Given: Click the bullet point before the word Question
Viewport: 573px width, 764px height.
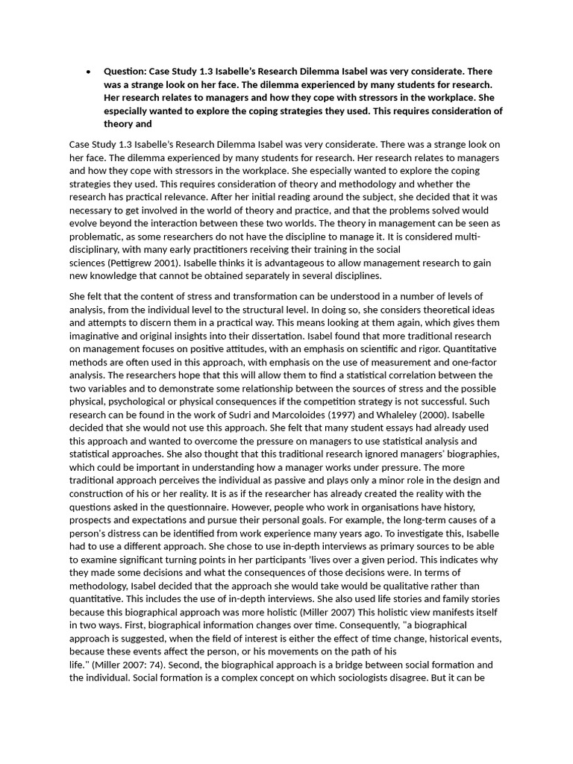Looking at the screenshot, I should pos(89,72).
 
